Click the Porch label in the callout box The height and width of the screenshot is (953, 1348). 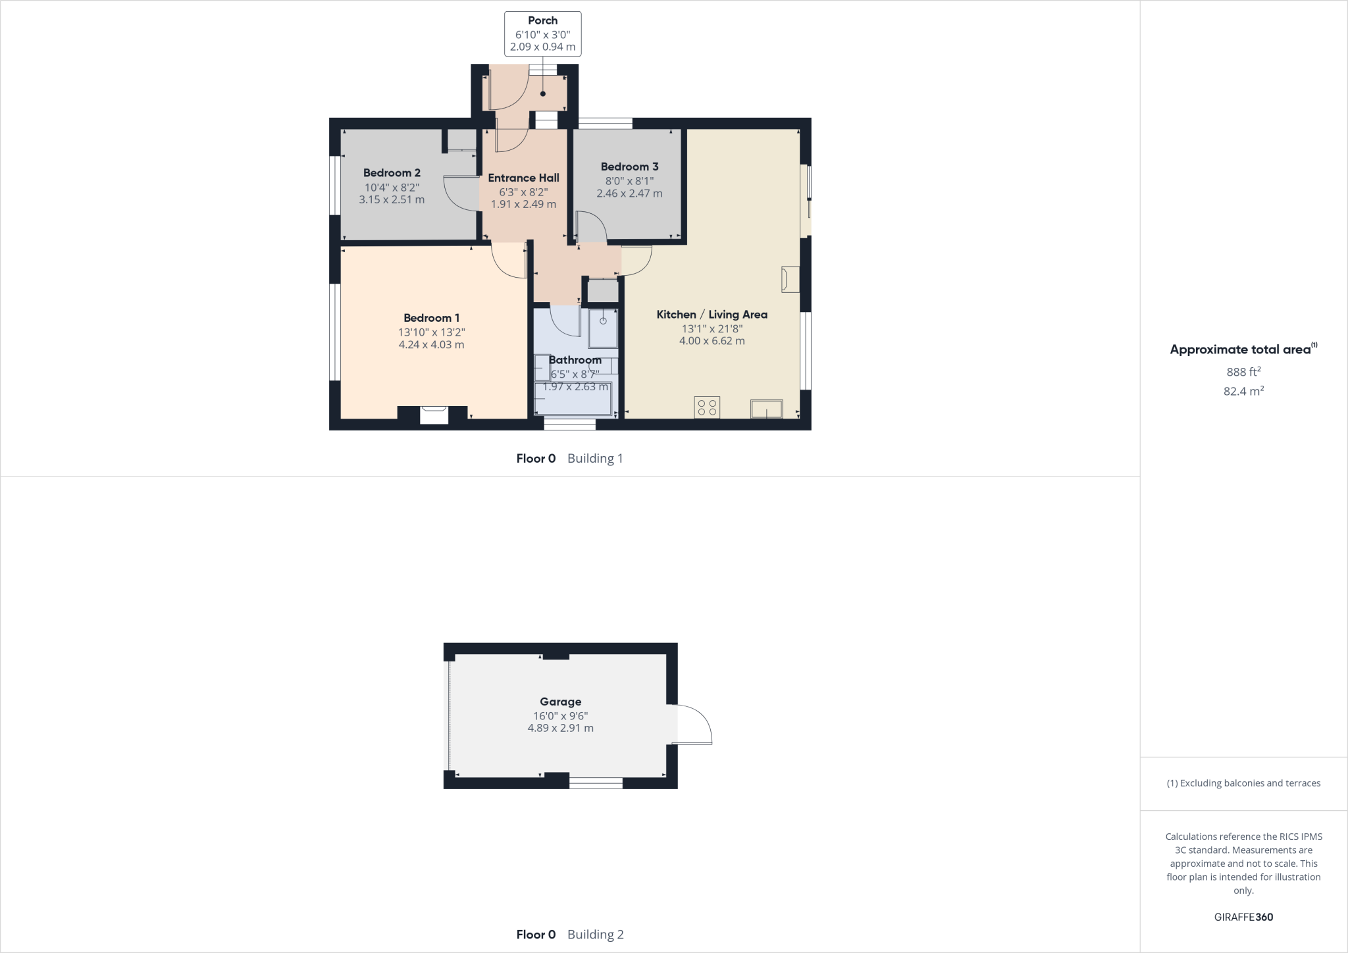coord(542,21)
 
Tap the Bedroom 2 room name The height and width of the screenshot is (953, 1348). coord(392,173)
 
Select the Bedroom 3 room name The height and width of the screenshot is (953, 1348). coord(629,167)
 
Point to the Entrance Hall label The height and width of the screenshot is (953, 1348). coord(523,178)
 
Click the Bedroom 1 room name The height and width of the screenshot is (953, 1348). coord(431,319)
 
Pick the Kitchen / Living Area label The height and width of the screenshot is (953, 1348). coord(712,315)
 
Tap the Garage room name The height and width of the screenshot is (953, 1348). coord(560,702)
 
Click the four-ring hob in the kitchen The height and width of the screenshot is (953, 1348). coord(707,407)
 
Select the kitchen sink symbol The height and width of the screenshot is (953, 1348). coord(767,409)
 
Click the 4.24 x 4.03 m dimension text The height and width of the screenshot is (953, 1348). coord(431,345)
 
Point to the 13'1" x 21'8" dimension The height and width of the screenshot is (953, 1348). coord(712,328)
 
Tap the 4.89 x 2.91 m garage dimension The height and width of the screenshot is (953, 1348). coord(560,729)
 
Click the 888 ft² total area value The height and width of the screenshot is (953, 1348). coord(1243,372)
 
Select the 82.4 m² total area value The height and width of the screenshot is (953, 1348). coord(1243,392)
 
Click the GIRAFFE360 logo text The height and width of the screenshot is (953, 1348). coord(1243,917)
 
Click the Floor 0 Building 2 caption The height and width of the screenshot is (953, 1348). coord(569,935)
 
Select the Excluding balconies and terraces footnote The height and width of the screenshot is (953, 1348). coord(1243,783)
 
